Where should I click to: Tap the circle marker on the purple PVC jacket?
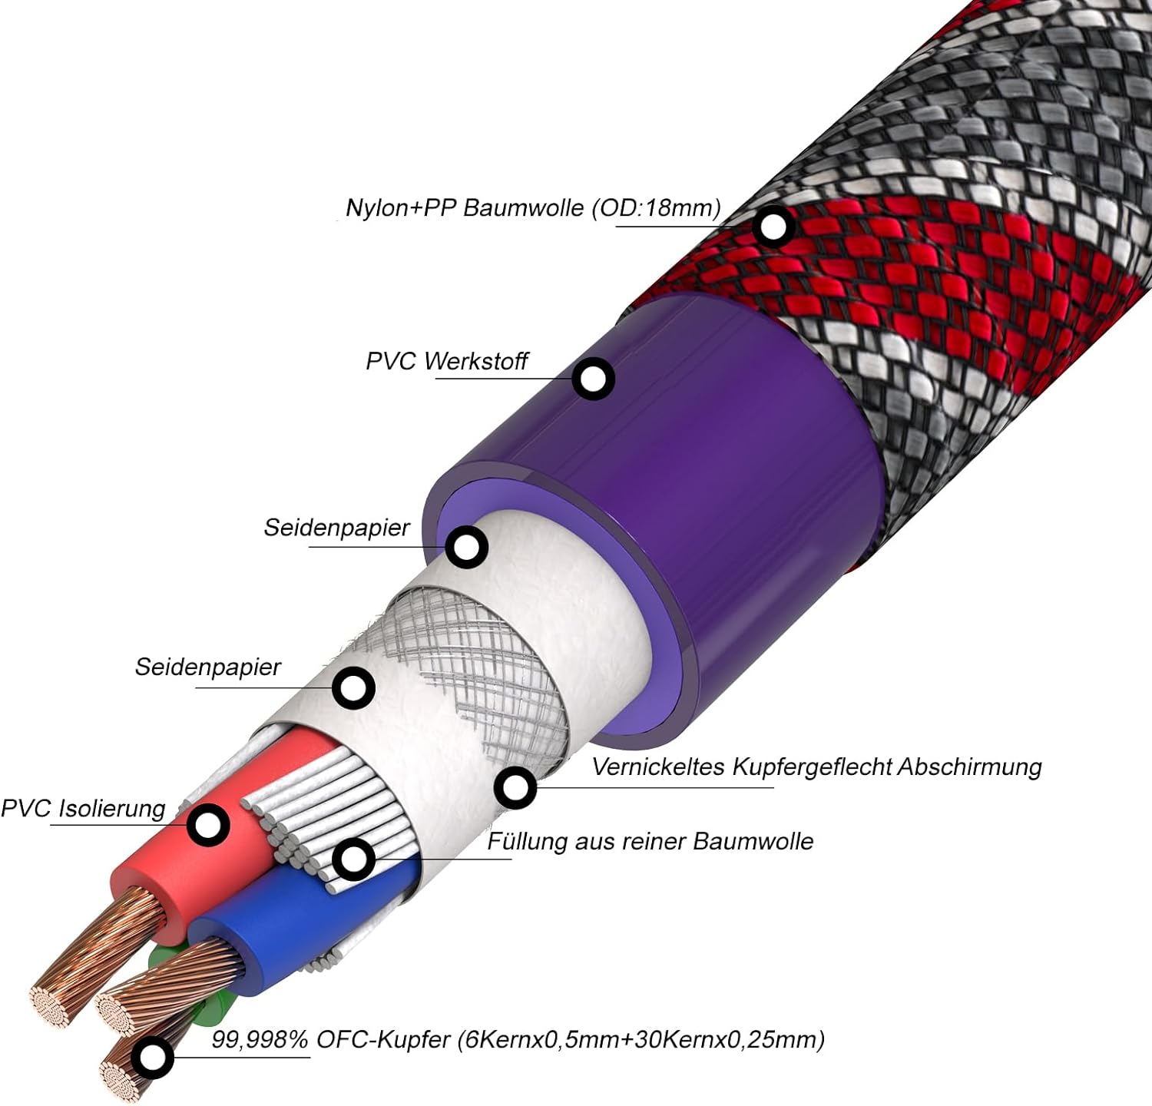point(594,378)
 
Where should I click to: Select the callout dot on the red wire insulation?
point(207,826)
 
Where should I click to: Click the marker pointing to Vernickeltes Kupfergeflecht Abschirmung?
point(515,787)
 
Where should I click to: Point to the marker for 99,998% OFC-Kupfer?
point(152,1057)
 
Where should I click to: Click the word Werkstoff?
point(476,361)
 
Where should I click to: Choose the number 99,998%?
point(260,1040)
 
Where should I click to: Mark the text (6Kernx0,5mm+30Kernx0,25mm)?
point(641,1040)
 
